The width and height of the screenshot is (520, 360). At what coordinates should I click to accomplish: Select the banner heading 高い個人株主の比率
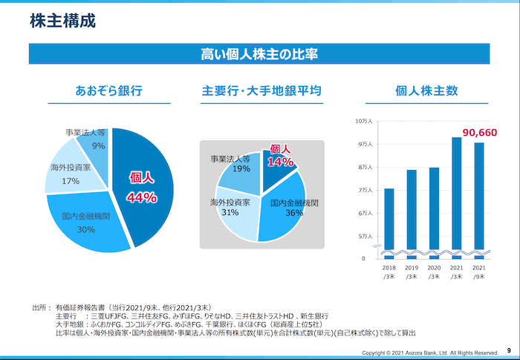260,53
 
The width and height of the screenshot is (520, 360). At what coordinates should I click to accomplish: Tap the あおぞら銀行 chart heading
108,91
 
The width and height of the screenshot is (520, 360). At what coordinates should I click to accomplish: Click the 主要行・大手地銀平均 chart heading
261,91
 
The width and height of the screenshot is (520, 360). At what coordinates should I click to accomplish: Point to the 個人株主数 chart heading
426,91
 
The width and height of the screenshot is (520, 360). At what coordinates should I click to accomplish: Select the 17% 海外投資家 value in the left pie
71,181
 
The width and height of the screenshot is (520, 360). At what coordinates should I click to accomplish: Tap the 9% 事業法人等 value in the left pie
98,146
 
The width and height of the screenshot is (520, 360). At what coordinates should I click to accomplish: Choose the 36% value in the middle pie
294,214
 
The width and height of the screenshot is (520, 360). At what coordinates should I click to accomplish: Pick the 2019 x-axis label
412,267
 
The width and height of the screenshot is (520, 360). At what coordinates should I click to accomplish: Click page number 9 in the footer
509,350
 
